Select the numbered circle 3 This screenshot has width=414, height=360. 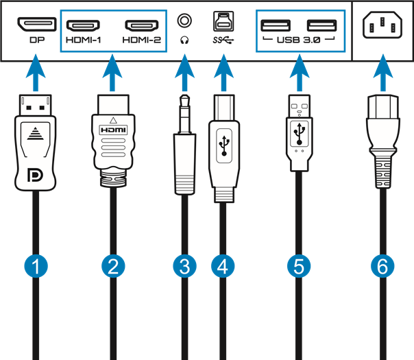183,266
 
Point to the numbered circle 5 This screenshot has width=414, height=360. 298,266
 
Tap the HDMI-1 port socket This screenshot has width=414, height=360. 83,26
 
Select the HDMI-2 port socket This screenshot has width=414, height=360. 143,26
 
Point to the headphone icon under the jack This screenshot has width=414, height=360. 184,40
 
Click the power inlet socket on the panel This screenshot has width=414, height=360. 382,27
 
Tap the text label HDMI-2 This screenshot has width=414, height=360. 143,40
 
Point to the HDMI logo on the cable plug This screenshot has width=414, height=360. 114,129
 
